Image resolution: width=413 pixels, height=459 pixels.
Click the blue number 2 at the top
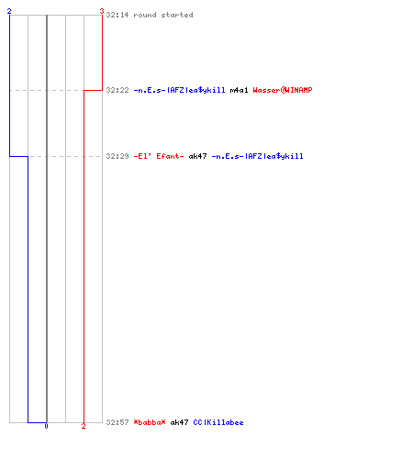tap(9, 11)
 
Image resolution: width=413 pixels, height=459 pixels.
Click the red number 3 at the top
tap(102, 11)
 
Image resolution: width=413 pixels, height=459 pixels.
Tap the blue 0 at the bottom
tap(46, 426)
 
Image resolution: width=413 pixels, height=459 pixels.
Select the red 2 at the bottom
tap(84, 426)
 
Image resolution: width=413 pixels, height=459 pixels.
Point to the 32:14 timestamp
tap(117, 15)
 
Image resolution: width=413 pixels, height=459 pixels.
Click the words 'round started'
tap(163, 15)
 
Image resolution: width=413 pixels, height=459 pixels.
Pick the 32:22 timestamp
tap(117, 90)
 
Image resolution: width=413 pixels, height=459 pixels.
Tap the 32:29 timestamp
tap(117, 156)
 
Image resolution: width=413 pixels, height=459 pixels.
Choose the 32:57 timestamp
tap(117, 422)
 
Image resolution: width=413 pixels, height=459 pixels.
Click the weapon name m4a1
tap(239, 90)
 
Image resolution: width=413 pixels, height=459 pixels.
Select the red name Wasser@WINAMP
tap(283, 90)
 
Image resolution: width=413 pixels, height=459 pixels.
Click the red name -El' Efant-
tap(159, 156)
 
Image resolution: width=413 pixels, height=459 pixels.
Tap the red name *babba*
tap(150, 422)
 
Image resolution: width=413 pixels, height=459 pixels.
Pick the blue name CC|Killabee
tap(218, 422)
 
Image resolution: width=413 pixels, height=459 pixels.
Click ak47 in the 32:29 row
tap(197, 156)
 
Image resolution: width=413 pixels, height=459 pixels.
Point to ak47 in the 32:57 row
tap(179, 422)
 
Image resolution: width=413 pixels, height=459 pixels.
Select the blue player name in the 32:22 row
tap(179, 90)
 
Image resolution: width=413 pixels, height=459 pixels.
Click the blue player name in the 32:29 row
tap(257, 156)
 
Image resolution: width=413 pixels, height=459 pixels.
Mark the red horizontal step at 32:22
tap(93, 90)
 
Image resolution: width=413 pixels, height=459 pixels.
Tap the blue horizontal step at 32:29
tap(18, 156)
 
